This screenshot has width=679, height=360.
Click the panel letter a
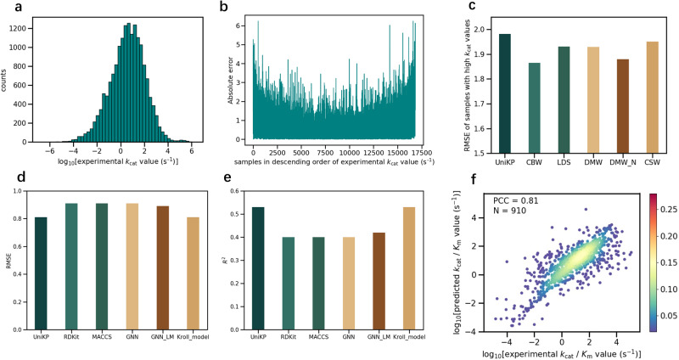click(x=8, y=8)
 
